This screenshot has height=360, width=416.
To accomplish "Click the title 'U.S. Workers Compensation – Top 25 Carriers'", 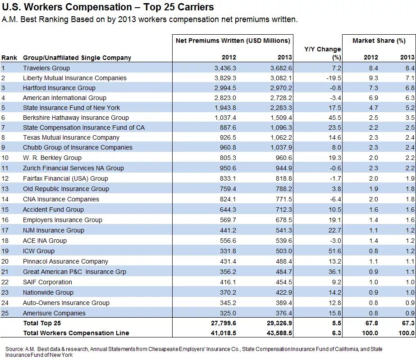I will click(108, 8).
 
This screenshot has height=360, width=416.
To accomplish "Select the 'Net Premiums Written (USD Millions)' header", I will click(233, 41).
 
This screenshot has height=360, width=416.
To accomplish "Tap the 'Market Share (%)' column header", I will click(379, 41).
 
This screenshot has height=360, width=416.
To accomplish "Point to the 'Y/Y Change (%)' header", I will click(323, 53).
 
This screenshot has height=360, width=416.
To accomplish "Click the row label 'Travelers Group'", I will click(46, 68).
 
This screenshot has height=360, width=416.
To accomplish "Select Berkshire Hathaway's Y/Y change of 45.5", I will click(334, 118).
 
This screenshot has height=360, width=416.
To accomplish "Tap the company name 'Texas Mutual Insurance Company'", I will click(71, 137).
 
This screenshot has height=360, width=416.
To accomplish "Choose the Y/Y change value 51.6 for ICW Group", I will click(334, 251).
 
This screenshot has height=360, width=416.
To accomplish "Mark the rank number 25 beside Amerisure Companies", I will click(5, 313).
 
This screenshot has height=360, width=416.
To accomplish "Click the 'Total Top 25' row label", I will click(42, 323).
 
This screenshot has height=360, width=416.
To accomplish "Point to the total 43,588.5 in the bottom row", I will click(276, 333).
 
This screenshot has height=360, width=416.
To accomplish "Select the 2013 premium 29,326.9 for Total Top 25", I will click(276, 323).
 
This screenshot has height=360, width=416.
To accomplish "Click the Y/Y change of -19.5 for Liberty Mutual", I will click(333, 78).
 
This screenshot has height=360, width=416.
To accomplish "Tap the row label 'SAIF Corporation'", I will click(47, 282).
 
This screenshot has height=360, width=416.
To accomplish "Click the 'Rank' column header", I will click(9, 58).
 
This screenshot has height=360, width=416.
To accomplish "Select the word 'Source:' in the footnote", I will click(15, 349).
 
